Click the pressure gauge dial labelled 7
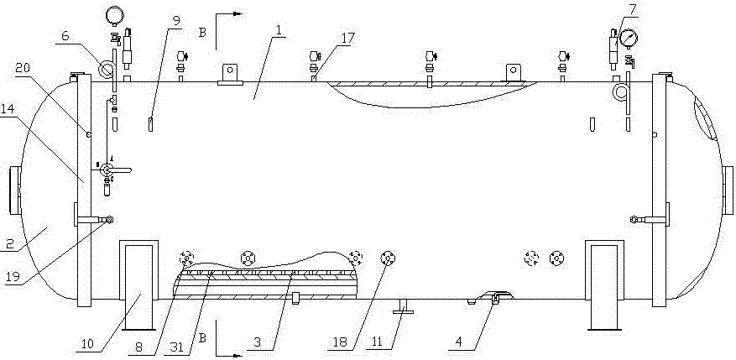[x=626, y=38]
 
